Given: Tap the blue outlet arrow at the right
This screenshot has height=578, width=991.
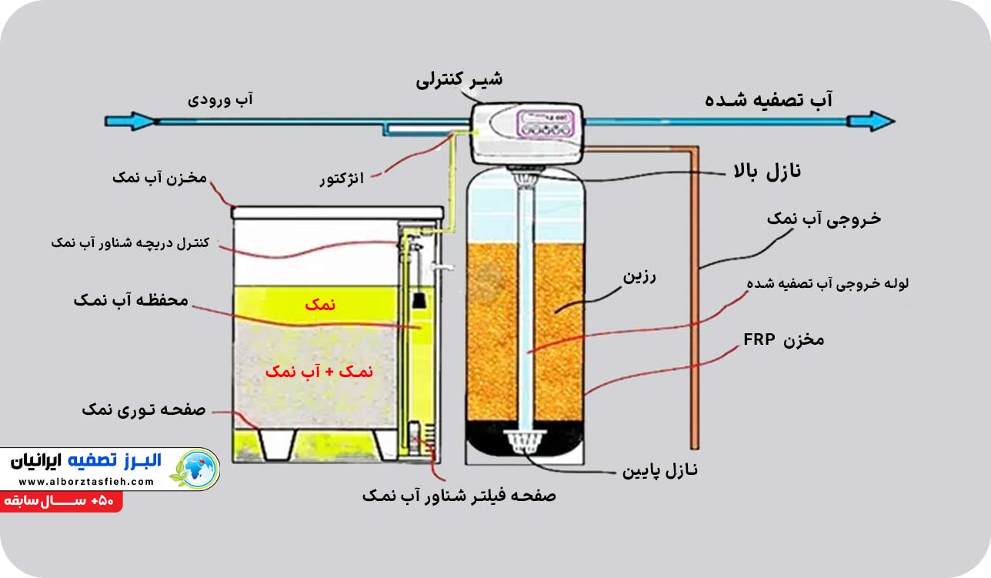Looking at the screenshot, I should coord(870,121).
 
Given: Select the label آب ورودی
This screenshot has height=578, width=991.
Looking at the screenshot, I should coord(221,100).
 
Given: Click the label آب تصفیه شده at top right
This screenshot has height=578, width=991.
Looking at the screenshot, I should coord(769,100).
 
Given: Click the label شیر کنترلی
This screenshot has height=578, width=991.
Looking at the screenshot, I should coord(460,79).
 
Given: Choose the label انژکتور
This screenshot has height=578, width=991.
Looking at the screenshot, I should coord(342,179).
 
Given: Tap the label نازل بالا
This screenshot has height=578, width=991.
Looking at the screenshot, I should coord(759,172).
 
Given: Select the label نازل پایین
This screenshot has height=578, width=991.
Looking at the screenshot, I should coord(663,469).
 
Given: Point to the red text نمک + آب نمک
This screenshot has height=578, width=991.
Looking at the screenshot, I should coord(319,371).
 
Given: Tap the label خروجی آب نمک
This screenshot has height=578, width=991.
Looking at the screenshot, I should coord(823,219).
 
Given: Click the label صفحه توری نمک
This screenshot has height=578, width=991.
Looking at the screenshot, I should coord(144,410).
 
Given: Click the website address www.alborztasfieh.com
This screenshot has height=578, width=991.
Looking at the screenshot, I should coord(82,482).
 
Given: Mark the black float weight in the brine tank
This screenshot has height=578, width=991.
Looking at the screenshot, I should coord(419,300).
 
